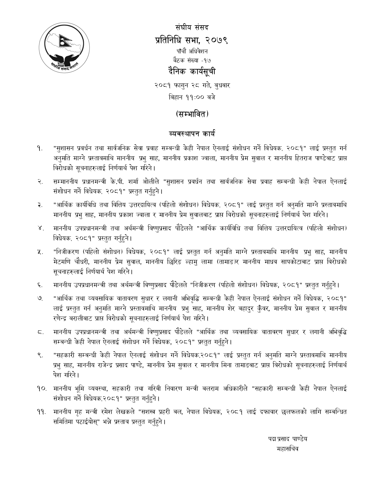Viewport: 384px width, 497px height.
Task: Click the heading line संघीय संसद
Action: coord(192,27)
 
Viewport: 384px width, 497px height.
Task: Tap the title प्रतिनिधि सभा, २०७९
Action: coord(192,39)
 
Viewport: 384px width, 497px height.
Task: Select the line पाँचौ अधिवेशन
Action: coord(192,51)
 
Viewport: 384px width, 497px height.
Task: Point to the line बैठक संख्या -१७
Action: coord(192,60)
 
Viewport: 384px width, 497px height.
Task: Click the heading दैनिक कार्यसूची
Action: coord(192,72)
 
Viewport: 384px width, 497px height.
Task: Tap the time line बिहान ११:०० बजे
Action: coord(192,97)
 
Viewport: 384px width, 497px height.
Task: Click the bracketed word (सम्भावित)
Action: coord(192,114)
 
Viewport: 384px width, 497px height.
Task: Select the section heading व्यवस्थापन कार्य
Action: coord(192,133)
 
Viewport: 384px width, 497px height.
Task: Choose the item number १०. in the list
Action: coord(42,389)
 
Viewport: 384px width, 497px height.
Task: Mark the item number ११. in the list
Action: coord(42,412)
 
